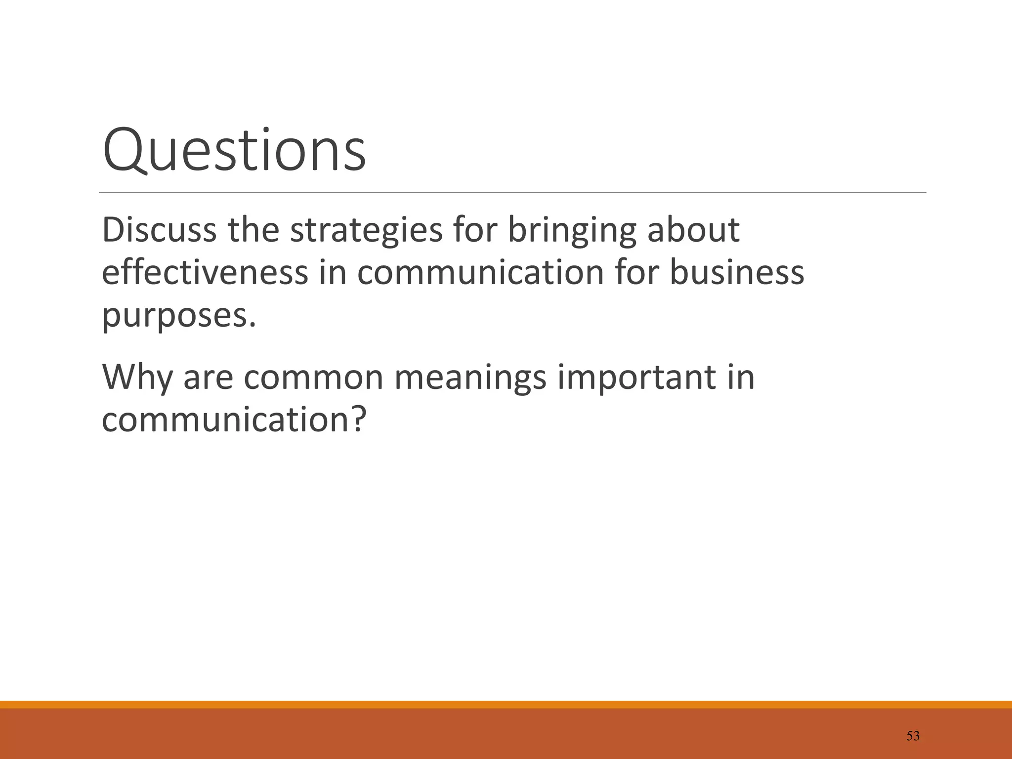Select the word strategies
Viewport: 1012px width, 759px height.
click(366, 231)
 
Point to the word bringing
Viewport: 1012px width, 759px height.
click(572, 231)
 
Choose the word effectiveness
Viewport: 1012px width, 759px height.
click(205, 272)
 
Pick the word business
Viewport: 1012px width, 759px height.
click(737, 272)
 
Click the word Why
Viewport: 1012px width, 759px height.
click(137, 377)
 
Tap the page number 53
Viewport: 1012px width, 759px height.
click(913, 736)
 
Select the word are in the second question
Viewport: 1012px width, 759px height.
click(208, 378)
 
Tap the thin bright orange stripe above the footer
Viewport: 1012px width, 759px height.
click(506, 705)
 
